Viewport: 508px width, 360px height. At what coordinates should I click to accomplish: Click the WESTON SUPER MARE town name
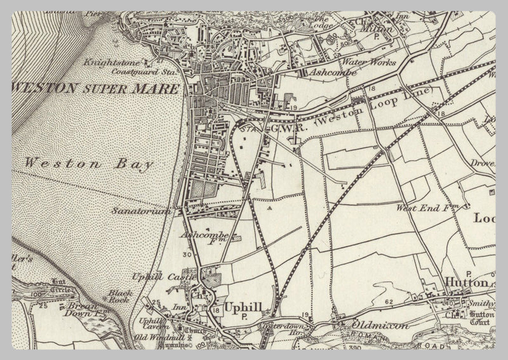point(95,88)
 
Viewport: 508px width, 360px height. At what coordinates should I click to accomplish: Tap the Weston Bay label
point(90,163)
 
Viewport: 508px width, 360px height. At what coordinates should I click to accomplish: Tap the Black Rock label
point(119,297)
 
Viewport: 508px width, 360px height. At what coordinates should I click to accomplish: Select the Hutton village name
point(466,283)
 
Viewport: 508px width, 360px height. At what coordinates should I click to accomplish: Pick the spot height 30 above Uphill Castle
point(187,255)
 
